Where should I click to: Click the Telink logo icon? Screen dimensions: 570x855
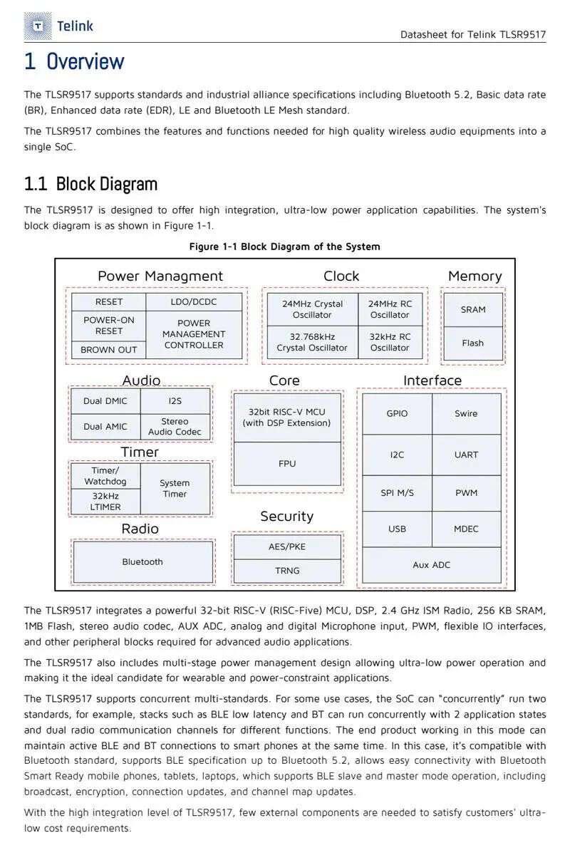click(38, 26)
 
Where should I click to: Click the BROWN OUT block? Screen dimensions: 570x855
click(108, 350)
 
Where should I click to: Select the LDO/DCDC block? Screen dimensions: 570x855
click(194, 302)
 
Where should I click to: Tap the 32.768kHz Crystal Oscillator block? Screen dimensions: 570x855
click(312, 343)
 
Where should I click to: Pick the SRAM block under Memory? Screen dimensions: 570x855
click(473, 309)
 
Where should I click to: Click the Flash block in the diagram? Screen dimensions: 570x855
click(473, 343)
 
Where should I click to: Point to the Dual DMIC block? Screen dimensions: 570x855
click(105, 400)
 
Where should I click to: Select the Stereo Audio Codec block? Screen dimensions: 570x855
click(175, 427)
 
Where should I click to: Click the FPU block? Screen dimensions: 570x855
click(287, 463)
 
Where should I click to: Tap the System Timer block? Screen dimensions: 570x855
click(175, 489)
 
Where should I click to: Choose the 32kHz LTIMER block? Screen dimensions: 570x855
click(105, 502)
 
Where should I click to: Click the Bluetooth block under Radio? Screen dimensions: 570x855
click(142, 562)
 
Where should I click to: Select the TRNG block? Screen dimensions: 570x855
click(287, 571)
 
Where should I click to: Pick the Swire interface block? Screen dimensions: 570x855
click(466, 414)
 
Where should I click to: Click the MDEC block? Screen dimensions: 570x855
click(466, 529)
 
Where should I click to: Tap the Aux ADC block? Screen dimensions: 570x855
click(431, 565)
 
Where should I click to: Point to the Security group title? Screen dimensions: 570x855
click(287, 517)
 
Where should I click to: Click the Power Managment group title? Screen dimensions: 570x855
click(160, 276)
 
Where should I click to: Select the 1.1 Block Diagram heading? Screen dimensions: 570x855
click(91, 184)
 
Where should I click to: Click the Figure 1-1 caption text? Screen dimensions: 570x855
click(285, 247)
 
